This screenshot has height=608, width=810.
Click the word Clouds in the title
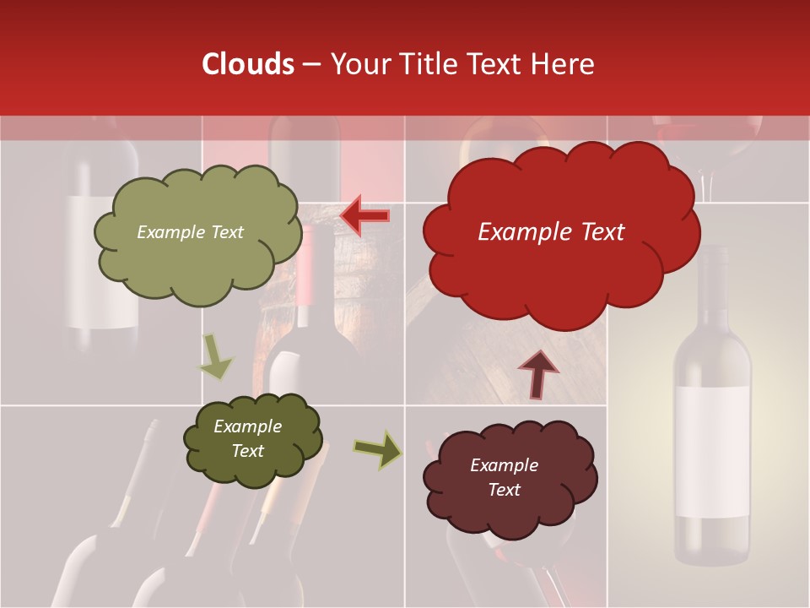248,64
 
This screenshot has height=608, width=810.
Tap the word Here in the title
564,64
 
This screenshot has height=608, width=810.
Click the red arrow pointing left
364,216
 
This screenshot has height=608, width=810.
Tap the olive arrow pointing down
215,356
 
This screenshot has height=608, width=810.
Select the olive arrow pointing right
378,450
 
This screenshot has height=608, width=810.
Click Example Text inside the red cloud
551,232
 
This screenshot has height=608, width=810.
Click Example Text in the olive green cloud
190,232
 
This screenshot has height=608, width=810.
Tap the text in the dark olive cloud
248,438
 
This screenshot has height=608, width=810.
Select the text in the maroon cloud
504,477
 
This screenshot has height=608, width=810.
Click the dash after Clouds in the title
311,65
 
